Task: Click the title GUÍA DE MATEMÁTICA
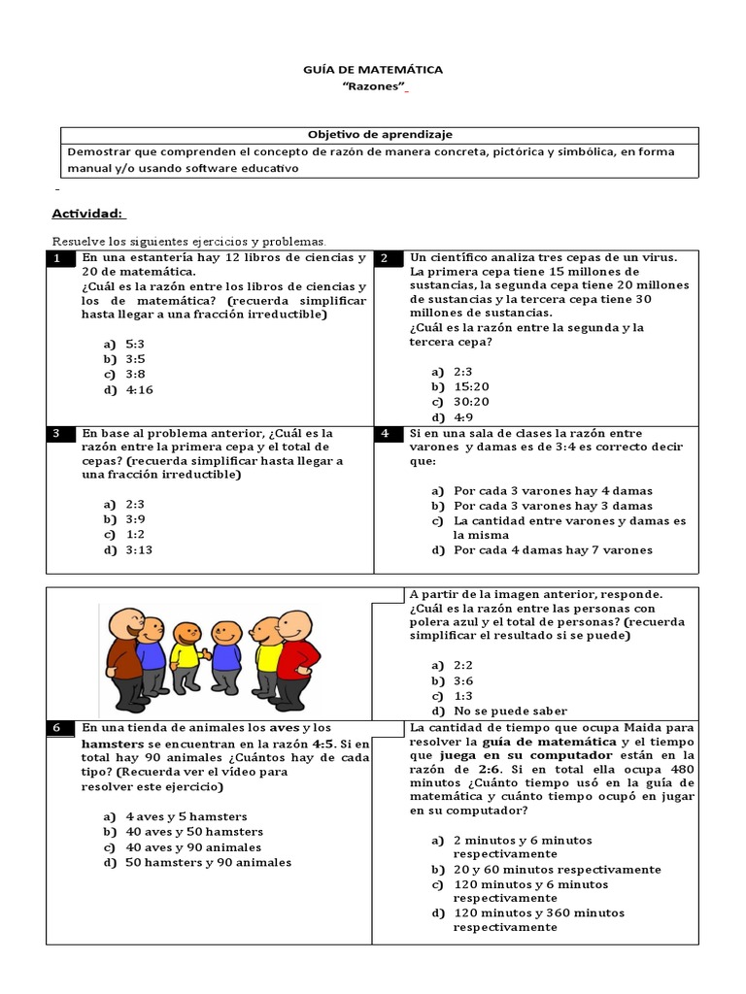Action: [374, 70]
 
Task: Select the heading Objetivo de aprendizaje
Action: [380, 134]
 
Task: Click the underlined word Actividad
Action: [87, 214]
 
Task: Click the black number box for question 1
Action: [60, 258]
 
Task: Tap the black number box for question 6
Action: [60, 728]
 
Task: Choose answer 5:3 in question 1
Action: [135, 344]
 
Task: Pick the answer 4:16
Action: [139, 390]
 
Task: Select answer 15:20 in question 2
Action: [471, 386]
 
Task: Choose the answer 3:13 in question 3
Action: [139, 550]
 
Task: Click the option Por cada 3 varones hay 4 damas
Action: [553, 491]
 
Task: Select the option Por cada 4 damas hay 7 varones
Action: [553, 550]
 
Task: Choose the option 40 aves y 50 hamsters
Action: [194, 832]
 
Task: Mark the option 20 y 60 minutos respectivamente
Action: [557, 870]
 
